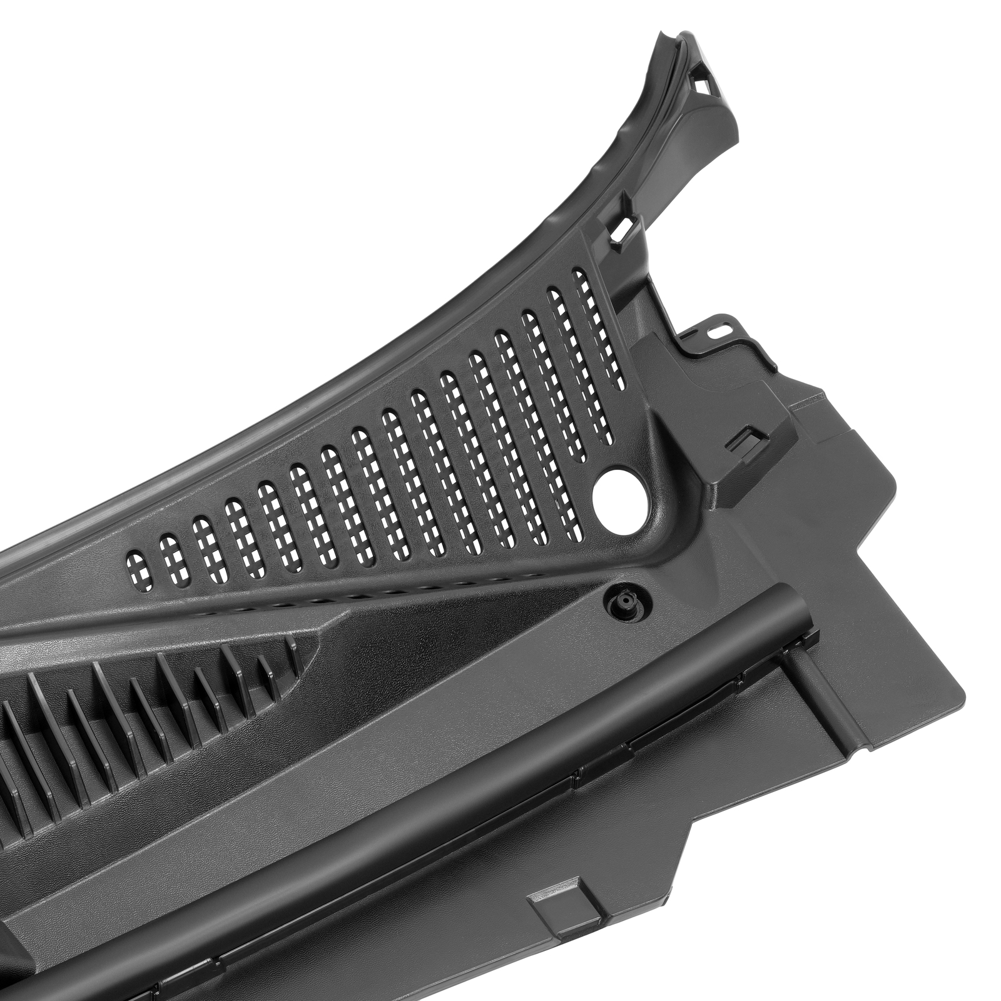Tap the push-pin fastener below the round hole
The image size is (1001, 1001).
(626, 602)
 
